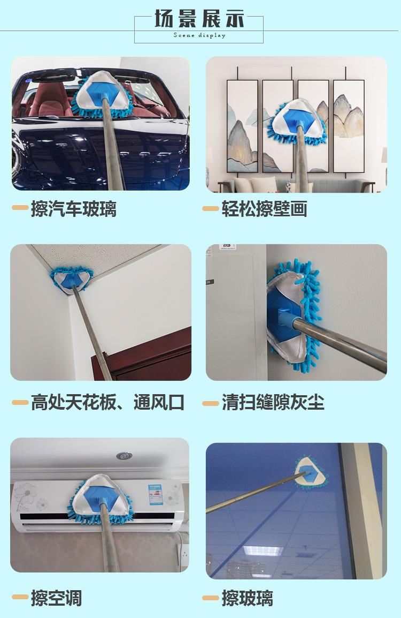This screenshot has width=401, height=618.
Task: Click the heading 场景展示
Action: click(199, 18)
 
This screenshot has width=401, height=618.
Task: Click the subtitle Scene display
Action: click(199, 35)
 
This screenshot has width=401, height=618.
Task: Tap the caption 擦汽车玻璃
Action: click(74, 208)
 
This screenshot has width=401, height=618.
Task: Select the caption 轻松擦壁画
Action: click(265, 208)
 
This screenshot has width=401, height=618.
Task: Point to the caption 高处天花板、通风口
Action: click(108, 402)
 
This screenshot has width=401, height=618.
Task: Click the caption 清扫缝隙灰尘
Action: click(273, 402)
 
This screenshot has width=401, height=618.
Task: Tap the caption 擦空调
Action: click(56, 598)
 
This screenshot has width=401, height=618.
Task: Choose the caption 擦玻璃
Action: click(247, 598)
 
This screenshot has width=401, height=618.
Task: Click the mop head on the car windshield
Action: click(102, 95)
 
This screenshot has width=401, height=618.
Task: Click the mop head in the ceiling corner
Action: click(71, 280)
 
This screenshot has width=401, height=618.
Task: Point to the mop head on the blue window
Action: click(311, 472)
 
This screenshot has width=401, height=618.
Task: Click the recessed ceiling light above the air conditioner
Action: click(124, 456)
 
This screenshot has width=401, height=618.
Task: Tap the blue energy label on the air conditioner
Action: click(156, 495)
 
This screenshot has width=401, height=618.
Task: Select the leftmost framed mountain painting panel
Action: click(242, 126)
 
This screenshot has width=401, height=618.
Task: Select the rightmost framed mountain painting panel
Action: click(349, 126)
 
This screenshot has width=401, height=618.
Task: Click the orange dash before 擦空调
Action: click(20, 597)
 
